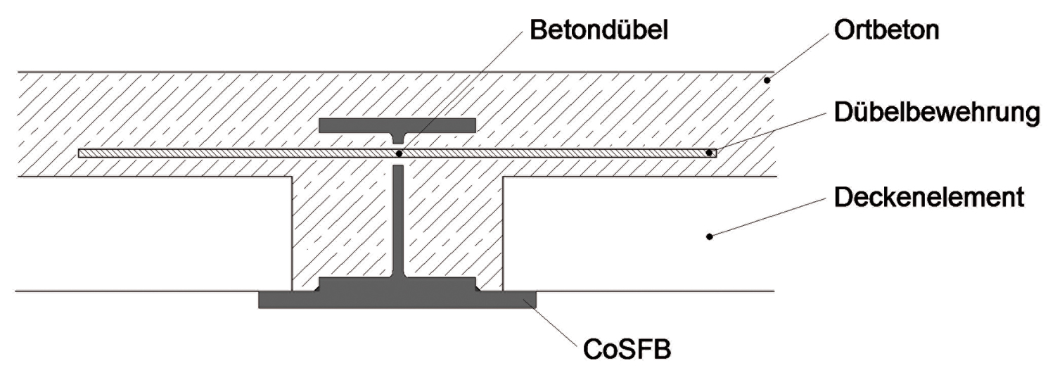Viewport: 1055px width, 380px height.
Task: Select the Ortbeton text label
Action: (886, 31)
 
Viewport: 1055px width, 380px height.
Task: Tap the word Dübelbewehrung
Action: (936, 113)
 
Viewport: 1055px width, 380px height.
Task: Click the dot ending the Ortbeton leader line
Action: (768, 81)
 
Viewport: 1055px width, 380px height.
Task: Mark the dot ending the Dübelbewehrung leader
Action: (710, 152)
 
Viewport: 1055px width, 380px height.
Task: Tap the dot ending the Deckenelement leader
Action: (710, 236)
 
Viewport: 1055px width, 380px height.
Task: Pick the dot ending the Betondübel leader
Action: (399, 153)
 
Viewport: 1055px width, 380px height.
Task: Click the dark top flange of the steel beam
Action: (397, 125)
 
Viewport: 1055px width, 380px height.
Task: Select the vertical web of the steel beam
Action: (398, 218)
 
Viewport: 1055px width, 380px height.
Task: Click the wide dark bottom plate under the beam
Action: (397, 300)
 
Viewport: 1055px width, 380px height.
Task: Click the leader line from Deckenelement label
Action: (767, 217)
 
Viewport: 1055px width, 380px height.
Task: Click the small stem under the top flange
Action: (398, 139)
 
